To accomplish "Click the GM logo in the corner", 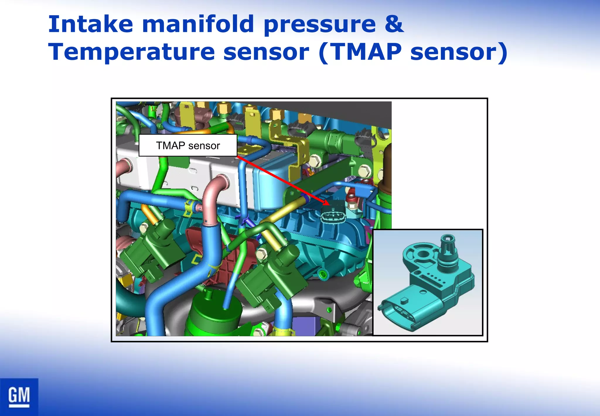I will pyautogui.click(x=19, y=397).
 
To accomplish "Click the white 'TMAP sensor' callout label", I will pyautogui.click(x=188, y=146).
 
